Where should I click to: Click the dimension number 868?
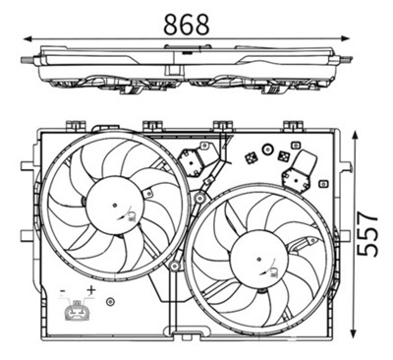point(187,24)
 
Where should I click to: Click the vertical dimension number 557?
point(366,232)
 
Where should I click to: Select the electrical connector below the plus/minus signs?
point(76,314)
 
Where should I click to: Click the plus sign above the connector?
point(90,291)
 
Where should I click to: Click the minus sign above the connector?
point(64,292)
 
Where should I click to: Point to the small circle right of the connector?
point(110,302)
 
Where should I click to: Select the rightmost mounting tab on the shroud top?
point(291,125)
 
